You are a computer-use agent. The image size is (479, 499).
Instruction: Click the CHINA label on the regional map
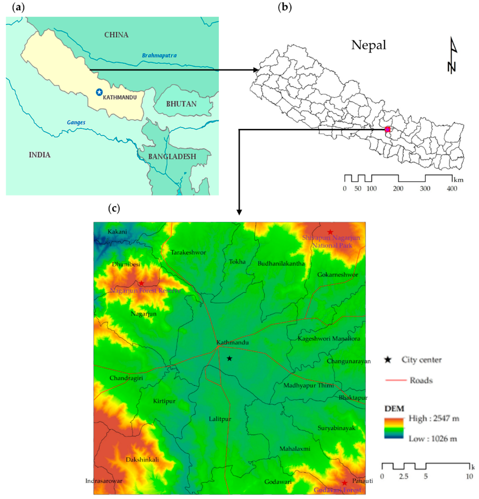[x=116, y=35]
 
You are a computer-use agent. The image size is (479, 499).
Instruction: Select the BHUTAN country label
[x=181, y=104]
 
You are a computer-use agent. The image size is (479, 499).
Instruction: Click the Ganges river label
[x=76, y=122]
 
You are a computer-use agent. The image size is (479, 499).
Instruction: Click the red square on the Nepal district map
[x=387, y=129]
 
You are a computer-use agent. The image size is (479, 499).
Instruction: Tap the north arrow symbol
[x=452, y=56]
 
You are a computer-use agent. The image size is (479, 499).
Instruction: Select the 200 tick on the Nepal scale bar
[x=398, y=189]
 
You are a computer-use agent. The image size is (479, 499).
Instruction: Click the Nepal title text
[x=369, y=45]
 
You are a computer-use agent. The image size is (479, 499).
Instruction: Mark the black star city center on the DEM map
[x=229, y=358]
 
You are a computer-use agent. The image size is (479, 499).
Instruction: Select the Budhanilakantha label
[x=281, y=263]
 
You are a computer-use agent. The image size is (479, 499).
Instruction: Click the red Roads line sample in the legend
[x=396, y=380]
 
